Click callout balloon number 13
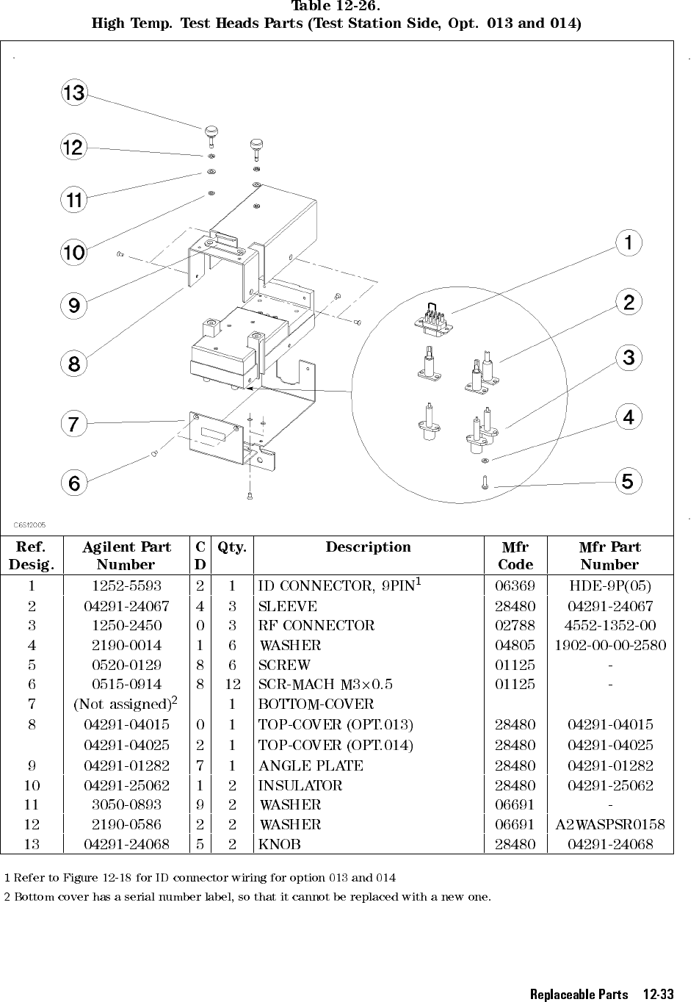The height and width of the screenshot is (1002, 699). pyautogui.click(x=74, y=93)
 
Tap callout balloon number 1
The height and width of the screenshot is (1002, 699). pyautogui.click(x=629, y=242)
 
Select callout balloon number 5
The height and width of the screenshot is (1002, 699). pyautogui.click(x=628, y=482)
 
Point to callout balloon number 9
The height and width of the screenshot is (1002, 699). pyautogui.click(x=74, y=305)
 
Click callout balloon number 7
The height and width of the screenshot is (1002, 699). pyautogui.click(x=73, y=424)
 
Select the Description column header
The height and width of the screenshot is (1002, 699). pyautogui.click(x=368, y=547)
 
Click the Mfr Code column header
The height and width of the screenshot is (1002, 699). pyautogui.click(x=515, y=555)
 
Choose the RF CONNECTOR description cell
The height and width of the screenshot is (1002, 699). pyautogui.click(x=316, y=626)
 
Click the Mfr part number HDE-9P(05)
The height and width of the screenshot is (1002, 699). pyautogui.click(x=609, y=586)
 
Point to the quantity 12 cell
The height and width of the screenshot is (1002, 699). pyautogui.click(x=232, y=685)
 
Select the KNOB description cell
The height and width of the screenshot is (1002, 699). pyautogui.click(x=280, y=845)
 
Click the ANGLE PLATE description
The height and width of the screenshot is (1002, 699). pyautogui.click(x=311, y=765)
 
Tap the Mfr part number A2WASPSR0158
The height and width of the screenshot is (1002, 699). pyautogui.click(x=609, y=825)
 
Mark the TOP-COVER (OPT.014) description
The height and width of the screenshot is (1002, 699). pyautogui.click(x=336, y=745)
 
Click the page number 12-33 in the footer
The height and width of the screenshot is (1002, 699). pyautogui.click(x=657, y=995)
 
